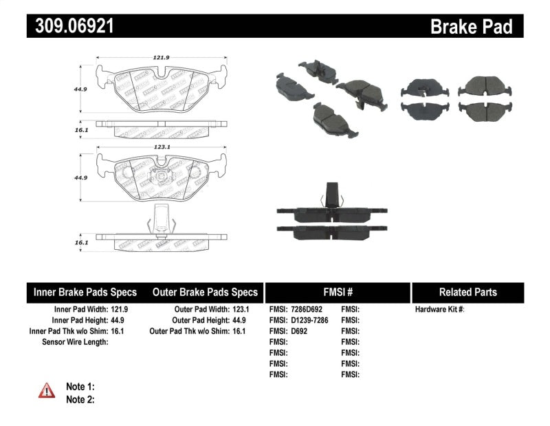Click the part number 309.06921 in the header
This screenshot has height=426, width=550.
71,26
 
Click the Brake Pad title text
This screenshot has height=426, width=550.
471,26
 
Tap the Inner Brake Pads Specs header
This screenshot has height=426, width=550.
85,292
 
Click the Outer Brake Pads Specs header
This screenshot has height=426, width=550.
205,292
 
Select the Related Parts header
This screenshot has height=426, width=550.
467,292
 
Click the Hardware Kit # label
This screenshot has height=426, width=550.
439,310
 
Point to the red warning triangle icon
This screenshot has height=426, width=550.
47,392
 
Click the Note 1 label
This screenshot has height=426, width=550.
80,387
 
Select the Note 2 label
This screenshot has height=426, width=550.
80,399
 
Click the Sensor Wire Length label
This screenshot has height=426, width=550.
75,341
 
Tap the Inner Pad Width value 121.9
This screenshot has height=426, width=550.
120,310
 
